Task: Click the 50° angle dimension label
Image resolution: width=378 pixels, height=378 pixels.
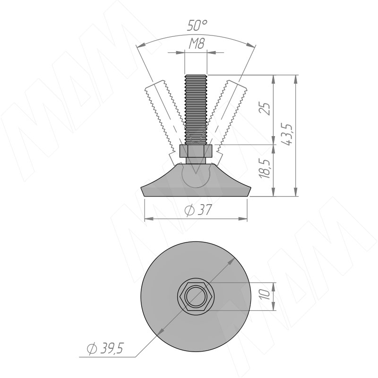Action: coord(197,26)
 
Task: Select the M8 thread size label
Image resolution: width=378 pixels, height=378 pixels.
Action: coord(197,44)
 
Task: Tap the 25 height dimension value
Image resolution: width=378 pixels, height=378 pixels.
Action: coord(265,109)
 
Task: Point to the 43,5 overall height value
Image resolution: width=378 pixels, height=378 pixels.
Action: coord(287,134)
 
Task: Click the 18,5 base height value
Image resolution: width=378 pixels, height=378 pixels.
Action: coord(265,169)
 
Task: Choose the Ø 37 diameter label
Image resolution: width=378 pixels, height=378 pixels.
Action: coord(198,209)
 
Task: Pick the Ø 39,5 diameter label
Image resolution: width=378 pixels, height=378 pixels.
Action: coord(105,348)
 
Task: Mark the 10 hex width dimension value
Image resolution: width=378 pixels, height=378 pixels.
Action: coord(265,294)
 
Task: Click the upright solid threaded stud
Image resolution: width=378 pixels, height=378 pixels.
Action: coord(196,110)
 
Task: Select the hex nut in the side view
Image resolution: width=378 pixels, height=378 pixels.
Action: coord(196,151)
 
